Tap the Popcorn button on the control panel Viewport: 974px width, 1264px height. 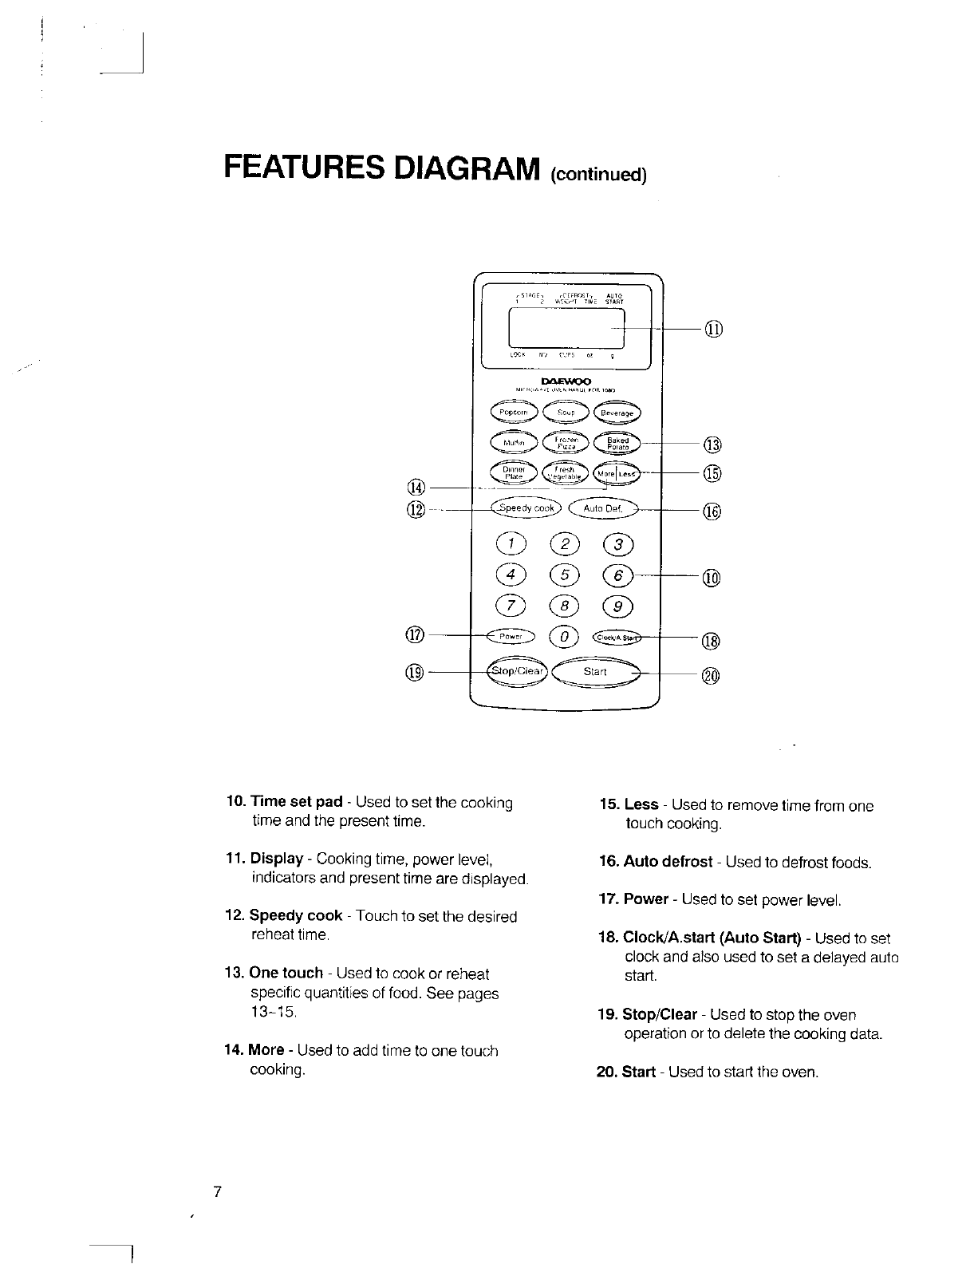tap(516, 411)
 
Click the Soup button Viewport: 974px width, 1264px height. tap(566, 412)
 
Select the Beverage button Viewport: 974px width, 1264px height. tap(617, 413)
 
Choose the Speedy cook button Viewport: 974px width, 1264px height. tap(527, 508)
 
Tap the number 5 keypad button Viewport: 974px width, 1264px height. tap(566, 575)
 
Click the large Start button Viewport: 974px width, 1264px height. tap(596, 672)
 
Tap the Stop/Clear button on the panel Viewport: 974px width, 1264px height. tap(518, 671)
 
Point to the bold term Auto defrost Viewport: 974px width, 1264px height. tap(668, 862)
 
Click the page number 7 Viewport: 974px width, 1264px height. tap(217, 1193)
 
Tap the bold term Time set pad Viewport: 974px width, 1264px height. tap(296, 802)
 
